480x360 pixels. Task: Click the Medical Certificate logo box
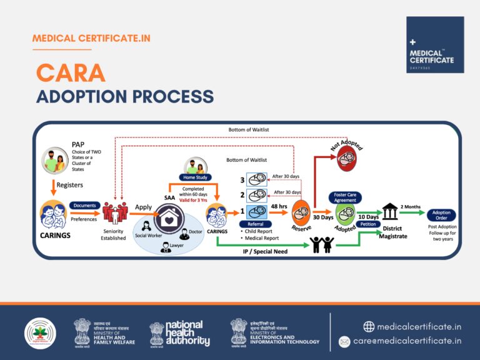pos(435,44)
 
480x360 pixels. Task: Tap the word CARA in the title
pos(71,73)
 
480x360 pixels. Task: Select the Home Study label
pos(196,177)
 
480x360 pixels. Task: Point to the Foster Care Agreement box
pos(346,197)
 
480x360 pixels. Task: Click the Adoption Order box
pos(441,216)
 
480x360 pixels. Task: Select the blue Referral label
pos(259,224)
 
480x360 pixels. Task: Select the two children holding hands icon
pos(322,245)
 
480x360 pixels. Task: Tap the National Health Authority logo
pos(180,332)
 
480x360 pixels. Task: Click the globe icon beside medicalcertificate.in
pos(369,326)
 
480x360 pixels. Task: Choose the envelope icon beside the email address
pos(344,341)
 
